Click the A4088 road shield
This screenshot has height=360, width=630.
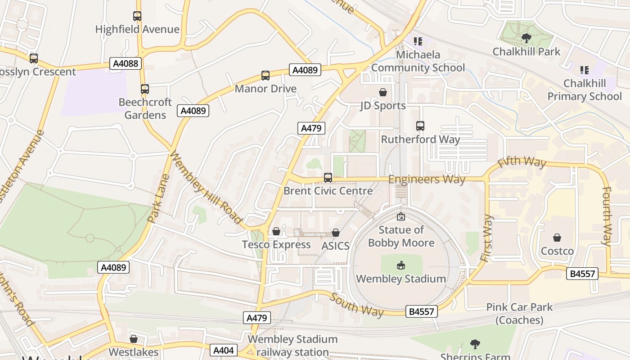pos(126,63)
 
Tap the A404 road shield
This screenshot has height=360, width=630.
pos(223,350)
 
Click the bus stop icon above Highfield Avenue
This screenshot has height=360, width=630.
pos(137,16)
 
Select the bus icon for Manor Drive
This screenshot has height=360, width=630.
pos(265,75)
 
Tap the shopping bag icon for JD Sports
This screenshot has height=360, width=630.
pos(382,92)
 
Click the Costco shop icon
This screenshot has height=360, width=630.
pos(557,238)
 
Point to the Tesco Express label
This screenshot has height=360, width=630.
pos(276,244)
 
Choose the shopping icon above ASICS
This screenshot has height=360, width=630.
pos(335,233)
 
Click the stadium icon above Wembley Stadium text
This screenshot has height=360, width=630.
pos(400,265)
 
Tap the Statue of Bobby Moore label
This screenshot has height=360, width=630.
pos(401,236)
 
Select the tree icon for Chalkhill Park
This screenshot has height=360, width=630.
pos(526,38)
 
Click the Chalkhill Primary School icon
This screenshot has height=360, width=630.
pos(584,70)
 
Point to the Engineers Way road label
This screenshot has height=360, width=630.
pos(427,179)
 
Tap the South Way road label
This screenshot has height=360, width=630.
pos(357,305)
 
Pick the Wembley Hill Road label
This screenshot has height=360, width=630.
pos(206,188)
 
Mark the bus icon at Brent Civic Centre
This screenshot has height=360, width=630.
pos(328,178)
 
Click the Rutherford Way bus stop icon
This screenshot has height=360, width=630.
pos(420,126)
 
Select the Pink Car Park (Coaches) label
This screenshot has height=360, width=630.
pos(519,314)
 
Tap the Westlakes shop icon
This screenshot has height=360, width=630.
pos(134,339)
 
